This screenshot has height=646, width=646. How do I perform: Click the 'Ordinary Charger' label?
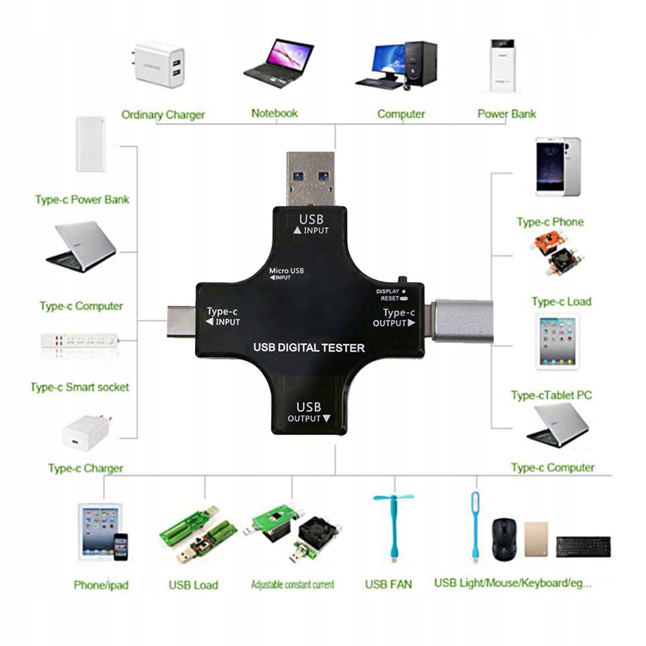pyautogui.click(x=163, y=115)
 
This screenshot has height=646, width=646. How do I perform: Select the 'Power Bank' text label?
pyautogui.click(x=507, y=114)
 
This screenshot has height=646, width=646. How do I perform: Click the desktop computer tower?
pyautogui.click(x=420, y=64)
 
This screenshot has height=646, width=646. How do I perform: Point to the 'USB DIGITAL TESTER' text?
pyautogui.click(x=308, y=348)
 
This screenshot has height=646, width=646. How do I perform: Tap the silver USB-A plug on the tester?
pyautogui.click(x=311, y=179)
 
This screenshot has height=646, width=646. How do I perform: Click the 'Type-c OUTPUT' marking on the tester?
pyautogui.click(x=394, y=317)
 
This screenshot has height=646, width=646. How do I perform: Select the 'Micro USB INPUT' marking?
pyautogui.click(x=286, y=274)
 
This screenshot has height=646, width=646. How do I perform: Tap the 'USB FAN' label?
pyautogui.click(x=388, y=584)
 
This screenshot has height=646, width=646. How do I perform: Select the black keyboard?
pyautogui.click(x=583, y=546)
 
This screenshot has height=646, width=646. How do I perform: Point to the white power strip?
pyautogui.click(x=79, y=341)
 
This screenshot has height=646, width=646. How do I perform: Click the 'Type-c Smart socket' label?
pyautogui.click(x=79, y=387)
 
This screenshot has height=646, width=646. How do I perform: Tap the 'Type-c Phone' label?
pyautogui.click(x=549, y=222)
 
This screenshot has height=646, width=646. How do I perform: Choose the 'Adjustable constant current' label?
pyautogui.click(x=292, y=585)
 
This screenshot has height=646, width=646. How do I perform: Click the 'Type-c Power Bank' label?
pyautogui.click(x=82, y=200)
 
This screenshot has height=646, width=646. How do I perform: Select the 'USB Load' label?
pyautogui.click(x=193, y=585)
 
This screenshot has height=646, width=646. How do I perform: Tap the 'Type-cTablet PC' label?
pyautogui.click(x=551, y=396)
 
